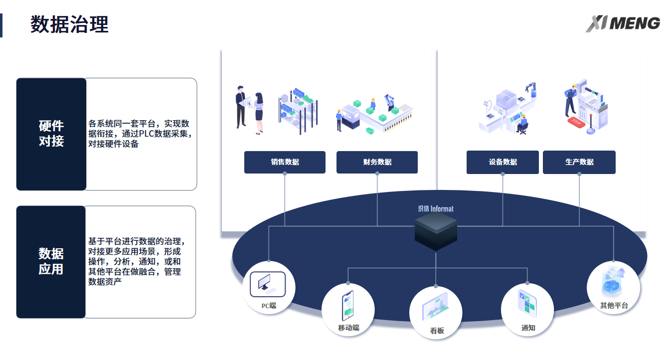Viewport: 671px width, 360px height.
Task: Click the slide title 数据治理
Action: click(69, 24)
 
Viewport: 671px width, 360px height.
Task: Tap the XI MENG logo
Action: click(623, 23)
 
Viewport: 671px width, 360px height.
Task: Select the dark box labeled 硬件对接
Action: click(51, 134)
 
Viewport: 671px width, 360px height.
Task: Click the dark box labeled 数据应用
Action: click(51, 262)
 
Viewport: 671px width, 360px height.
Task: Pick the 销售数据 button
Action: click(285, 162)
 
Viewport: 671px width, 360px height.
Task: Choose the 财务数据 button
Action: click(377, 162)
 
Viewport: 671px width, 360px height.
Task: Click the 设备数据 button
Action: click(503, 162)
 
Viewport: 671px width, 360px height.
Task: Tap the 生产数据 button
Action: click(579, 162)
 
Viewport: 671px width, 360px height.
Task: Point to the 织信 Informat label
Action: click(436, 209)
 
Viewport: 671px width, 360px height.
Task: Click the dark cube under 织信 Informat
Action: click(436, 232)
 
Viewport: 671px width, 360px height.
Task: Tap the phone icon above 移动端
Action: click(347, 306)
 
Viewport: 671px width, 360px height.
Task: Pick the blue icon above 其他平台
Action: click(613, 282)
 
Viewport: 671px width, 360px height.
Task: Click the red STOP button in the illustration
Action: click(576, 121)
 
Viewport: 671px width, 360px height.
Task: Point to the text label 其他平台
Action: click(614, 306)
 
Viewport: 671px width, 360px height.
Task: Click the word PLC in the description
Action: click(147, 134)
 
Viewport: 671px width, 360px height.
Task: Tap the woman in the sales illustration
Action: click(259, 112)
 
